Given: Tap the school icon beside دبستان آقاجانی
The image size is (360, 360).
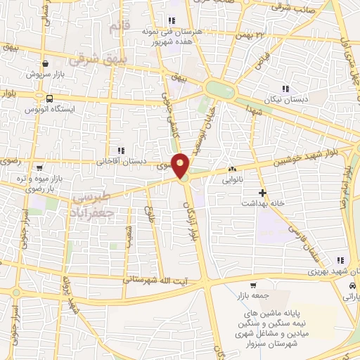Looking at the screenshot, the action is [121, 150].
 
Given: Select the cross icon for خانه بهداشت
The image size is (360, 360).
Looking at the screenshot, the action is [263, 193].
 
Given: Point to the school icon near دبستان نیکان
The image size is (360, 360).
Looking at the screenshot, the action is [285, 89].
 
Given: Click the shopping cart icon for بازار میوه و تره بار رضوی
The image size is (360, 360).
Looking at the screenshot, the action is [39, 168].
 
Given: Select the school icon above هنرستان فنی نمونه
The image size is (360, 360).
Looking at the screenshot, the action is [171, 20].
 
